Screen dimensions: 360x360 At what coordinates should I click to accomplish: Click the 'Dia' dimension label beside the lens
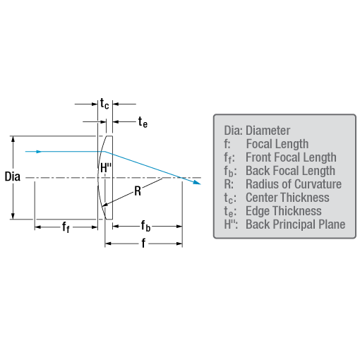point(13,176)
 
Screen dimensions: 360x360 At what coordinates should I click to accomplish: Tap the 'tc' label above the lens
point(104,104)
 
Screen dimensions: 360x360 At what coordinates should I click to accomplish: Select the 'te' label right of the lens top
point(143,122)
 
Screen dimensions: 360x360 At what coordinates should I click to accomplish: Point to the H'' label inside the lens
point(106,168)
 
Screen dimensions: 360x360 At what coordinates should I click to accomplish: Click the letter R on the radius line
point(138,191)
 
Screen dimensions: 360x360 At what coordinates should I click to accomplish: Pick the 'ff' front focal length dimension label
point(66,227)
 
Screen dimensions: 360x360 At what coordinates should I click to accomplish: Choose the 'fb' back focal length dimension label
point(145,226)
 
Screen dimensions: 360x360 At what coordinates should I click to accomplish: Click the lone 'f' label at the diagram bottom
point(143,243)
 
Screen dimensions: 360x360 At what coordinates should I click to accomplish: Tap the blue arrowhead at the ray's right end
point(197,182)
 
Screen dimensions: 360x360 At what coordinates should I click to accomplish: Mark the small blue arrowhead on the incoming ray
point(39,152)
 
